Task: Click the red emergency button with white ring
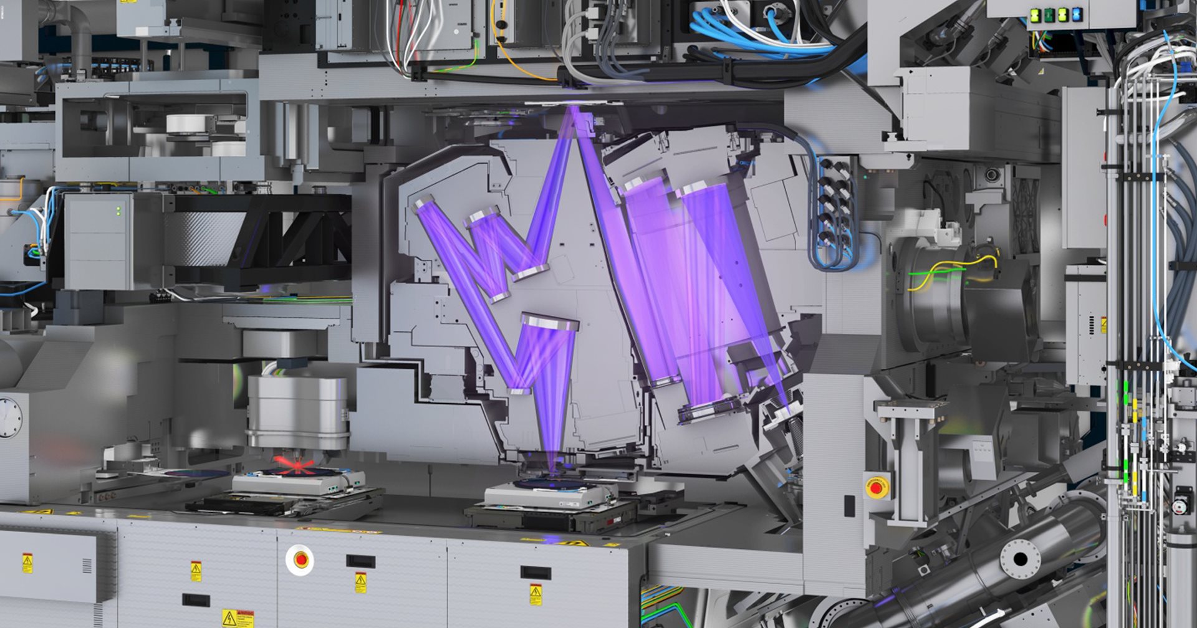301,559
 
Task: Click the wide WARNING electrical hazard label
238,617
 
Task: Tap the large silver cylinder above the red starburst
297,411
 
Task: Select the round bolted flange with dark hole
1020,558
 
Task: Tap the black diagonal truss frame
293,240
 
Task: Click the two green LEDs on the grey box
118,212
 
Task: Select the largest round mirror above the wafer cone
549,323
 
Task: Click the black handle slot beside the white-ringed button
360,561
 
